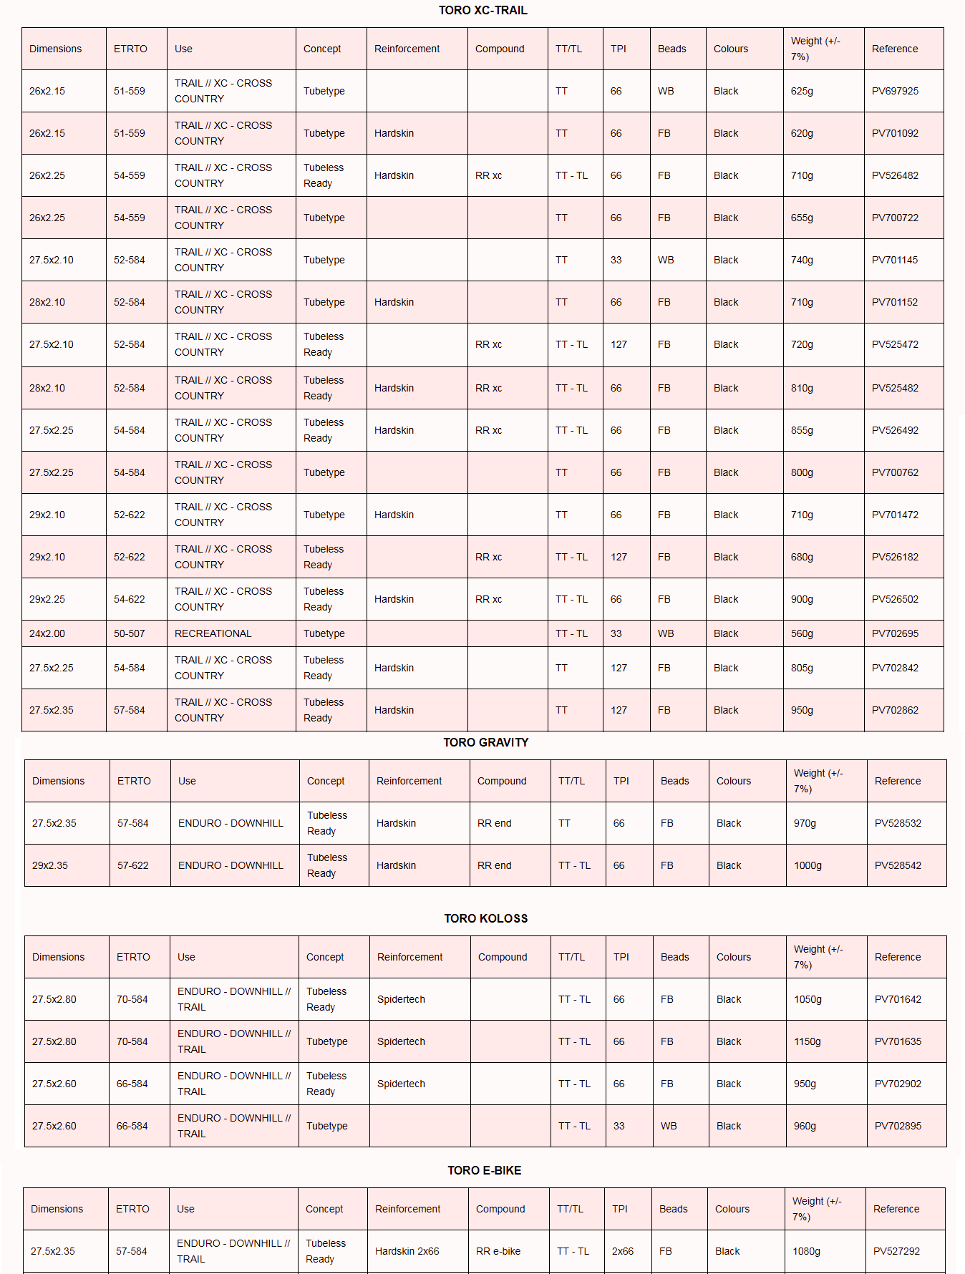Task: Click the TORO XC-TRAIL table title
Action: tap(482, 10)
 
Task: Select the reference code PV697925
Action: tap(895, 91)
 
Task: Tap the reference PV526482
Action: tap(895, 175)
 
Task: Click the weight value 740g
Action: tap(802, 260)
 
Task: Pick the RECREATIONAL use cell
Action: tap(213, 633)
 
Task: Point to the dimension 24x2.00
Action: tap(47, 633)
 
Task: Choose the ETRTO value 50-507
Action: tap(129, 633)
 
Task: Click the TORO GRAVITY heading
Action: tap(485, 742)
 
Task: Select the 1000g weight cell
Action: tap(808, 865)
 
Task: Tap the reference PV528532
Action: tap(898, 823)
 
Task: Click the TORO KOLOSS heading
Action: tap(485, 918)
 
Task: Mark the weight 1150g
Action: tap(808, 1041)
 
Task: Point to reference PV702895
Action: tap(898, 1126)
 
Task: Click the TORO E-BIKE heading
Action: tap(484, 1170)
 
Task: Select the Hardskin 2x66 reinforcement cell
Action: tap(407, 1251)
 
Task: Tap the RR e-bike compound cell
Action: tap(498, 1251)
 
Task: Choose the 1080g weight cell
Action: tap(806, 1251)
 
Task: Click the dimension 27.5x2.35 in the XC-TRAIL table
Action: tap(52, 710)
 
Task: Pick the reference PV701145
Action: tap(895, 260)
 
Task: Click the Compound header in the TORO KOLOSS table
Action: tap(503, 957)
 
